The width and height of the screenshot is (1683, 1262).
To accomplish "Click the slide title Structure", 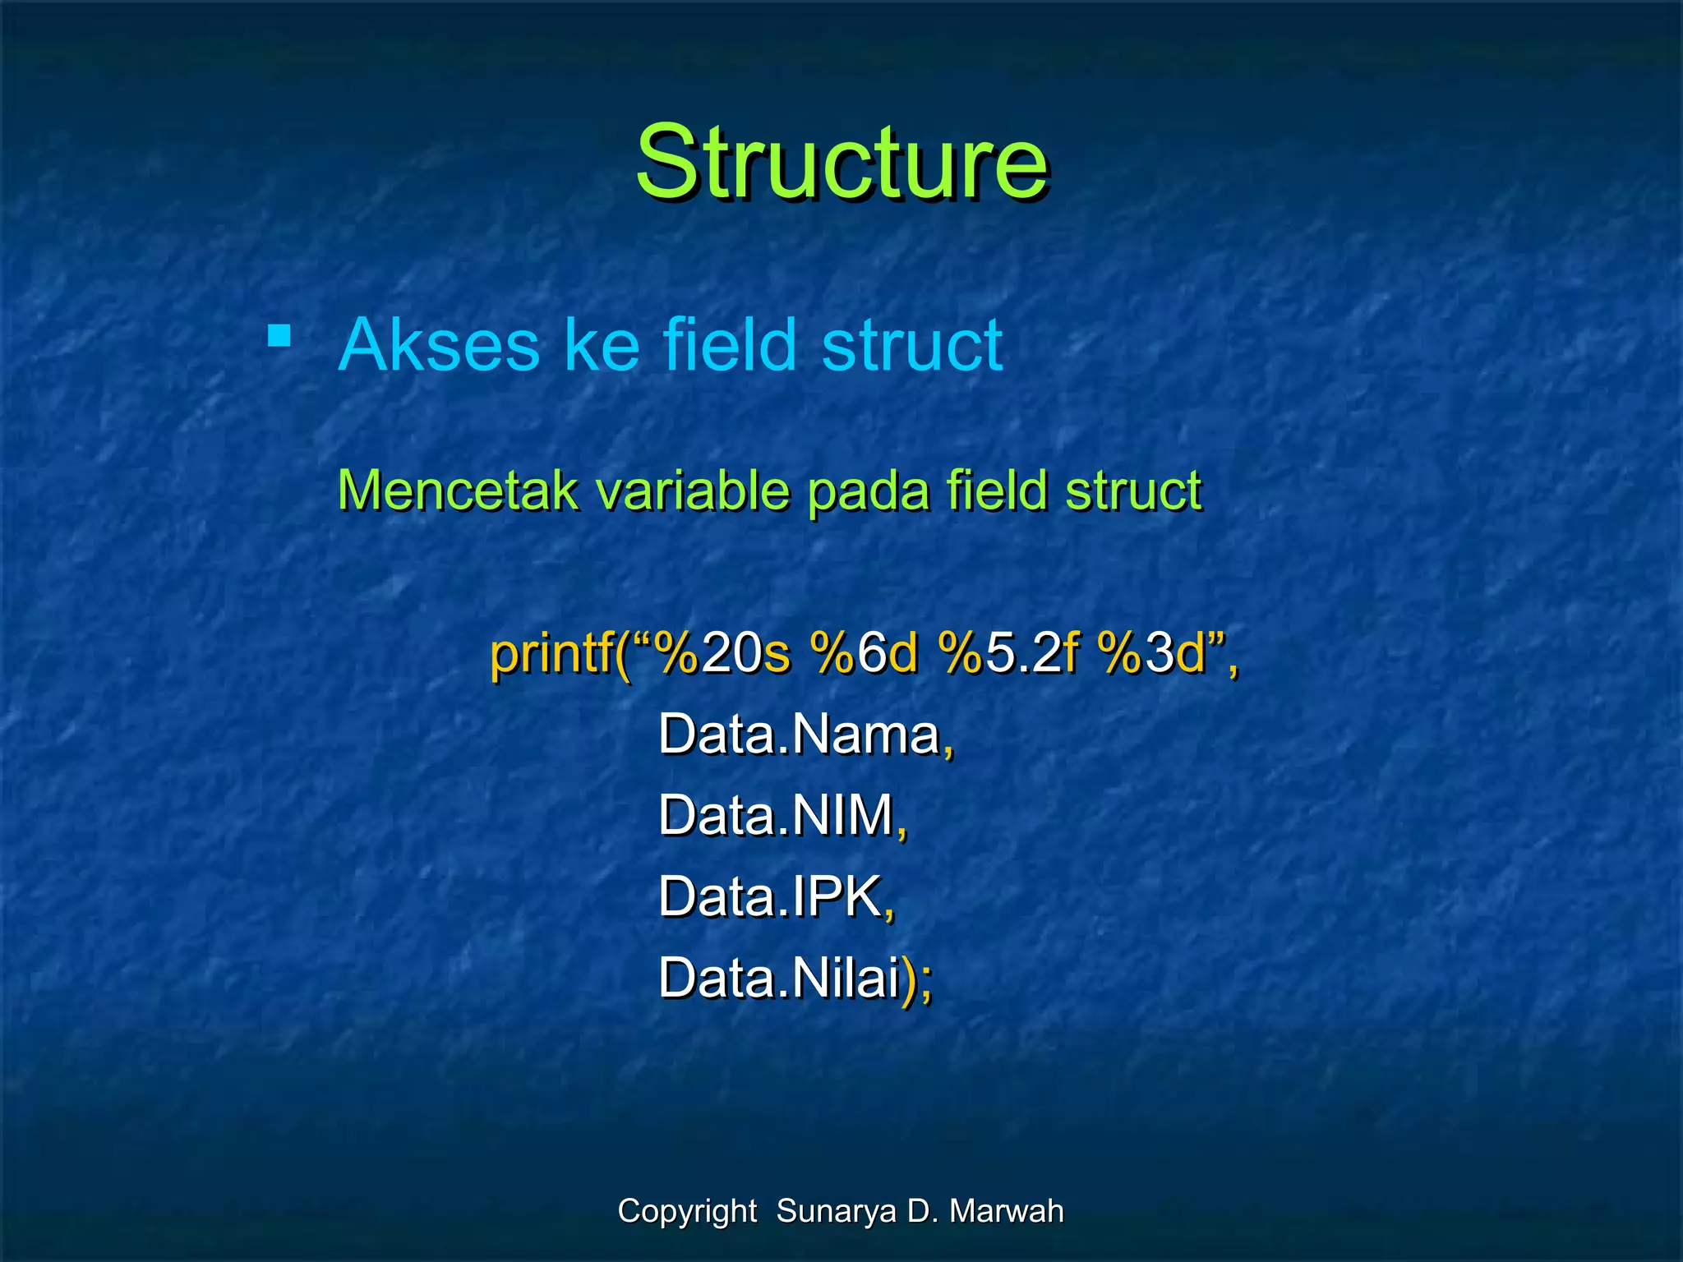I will tap(841, 162).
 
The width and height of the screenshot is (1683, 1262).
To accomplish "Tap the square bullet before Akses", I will tap(279, 336).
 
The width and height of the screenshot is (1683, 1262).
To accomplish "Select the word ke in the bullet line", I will tap(601, 345).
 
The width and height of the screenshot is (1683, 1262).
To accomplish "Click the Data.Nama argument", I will tap(799, 734).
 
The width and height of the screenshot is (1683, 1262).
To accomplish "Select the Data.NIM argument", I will tap(777, 815).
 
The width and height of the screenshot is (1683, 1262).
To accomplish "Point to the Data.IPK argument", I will tap(770, 896).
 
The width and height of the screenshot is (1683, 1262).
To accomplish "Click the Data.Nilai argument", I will tap(778, 979).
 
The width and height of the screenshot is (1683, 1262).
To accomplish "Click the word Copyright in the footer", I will tap(687, 1211).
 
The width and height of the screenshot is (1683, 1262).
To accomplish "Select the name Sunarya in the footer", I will tap(836, 1211).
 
